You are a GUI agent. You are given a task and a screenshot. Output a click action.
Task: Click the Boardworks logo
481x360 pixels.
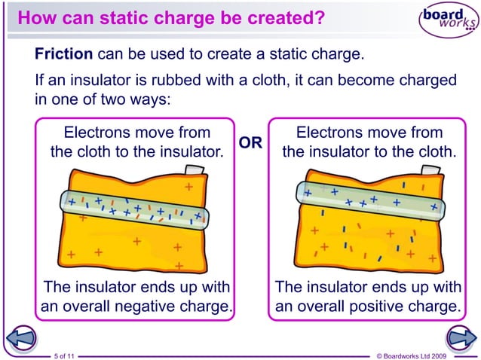click(x=448, y=20)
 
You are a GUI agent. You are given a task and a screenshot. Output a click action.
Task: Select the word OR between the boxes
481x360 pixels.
click(x=250, y=142)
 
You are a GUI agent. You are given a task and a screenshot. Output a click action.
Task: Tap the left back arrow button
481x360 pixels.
click(x=22, y=339)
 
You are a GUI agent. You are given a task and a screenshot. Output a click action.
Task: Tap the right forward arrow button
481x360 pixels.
click(x=459, y=339)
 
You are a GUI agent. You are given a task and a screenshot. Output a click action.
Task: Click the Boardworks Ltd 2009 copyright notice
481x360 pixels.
click(x=411, y=354)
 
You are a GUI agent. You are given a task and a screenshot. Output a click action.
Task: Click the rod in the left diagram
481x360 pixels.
click(x=135, y=206)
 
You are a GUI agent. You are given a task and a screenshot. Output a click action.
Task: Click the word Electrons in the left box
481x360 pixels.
click(x=99, y=133)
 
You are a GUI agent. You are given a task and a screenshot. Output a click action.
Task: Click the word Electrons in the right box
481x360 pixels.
click(x=332, y=133)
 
